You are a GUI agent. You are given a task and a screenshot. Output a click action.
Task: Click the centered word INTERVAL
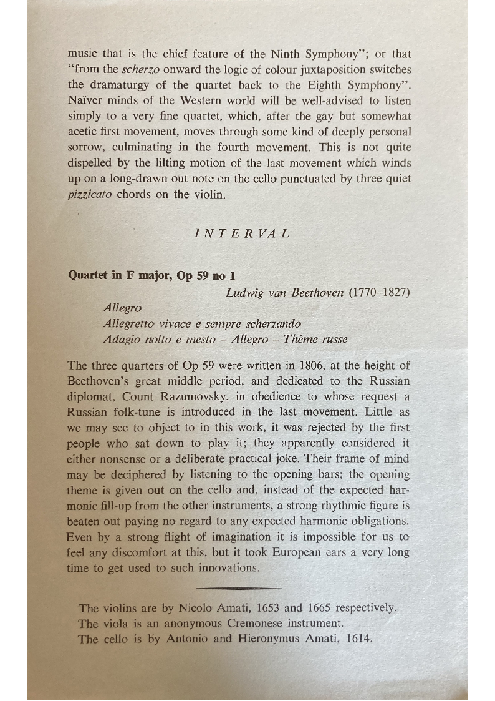pos(242,234)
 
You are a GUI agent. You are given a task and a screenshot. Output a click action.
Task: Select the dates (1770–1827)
pos(379,292)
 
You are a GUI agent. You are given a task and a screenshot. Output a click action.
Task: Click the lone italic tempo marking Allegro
pos(123,308)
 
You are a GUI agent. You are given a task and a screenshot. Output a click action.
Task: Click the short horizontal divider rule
pos(238,587)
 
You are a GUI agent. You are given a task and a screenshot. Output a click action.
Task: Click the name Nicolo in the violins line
pos(197,607)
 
